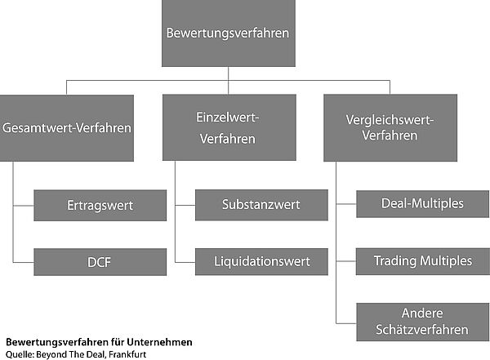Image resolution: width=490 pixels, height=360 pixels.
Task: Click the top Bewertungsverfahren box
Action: pyautogui.click(x=229, y=33)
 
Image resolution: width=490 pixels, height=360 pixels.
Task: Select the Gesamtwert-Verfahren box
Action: pyautogui.click(x=67, y=128)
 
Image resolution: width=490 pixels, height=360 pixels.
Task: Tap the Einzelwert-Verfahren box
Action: pyautogui.click(x=229, y=127)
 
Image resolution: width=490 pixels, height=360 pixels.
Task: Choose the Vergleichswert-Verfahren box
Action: pyautogui.click(x=390, y=128)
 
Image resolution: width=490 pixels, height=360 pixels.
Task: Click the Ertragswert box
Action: pyautogui.click(x=100, y=206)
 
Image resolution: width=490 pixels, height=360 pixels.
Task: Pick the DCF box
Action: pyautogui.click(x=100, y=262)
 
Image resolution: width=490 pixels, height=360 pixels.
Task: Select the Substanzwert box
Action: pyautogui.click(x=261, y=205)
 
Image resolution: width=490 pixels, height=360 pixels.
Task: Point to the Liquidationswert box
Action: pyautogui.click(x=261, y=261)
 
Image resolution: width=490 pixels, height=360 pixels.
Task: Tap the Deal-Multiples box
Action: pyautogui.click(x=423, y=204)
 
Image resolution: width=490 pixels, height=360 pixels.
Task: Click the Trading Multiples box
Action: pyautogui.click(x=423, y=261)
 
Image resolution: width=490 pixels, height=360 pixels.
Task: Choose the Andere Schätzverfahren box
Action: pyautogui.click(x=423, y=322)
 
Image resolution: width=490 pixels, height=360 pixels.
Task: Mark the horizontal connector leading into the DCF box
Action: pyautogui.click(x=24, y=262)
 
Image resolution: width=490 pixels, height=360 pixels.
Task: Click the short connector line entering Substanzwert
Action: pyautogui.click(x=185, y=206)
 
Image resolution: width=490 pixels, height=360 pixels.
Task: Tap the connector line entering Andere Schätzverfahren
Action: pyautogui.click(x=346, y=323)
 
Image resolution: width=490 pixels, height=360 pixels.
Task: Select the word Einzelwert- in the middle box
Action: pyautogui.click(x=228, y=118)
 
